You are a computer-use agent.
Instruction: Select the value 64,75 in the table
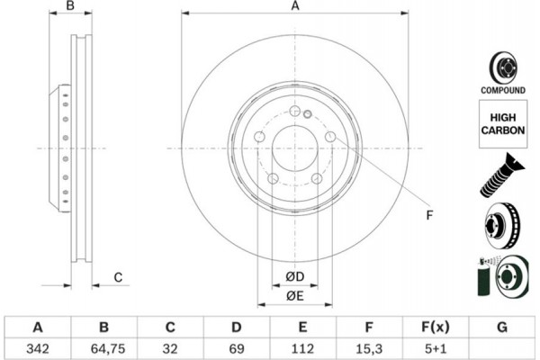tap(105, 346)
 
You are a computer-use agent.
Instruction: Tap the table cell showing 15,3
tap(369, 346)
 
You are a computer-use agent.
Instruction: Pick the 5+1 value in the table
tap(435, 346)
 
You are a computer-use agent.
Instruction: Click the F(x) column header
tap(435, 326)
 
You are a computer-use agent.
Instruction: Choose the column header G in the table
tap(501, 326)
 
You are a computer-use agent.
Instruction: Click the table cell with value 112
tap(303, 346)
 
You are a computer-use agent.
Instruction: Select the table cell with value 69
tap(237, 346)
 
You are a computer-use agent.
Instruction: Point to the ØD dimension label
tap(294, 275)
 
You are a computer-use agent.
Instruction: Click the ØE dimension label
tap(294, 296)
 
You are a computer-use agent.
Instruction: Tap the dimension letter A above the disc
tap(294, 7)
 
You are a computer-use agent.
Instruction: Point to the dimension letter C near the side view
tap(118, 277)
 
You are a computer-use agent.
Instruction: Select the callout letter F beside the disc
tap(429, 214)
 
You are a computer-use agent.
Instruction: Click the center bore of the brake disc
tap(294, 148)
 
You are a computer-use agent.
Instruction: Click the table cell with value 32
tap(171, 346)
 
